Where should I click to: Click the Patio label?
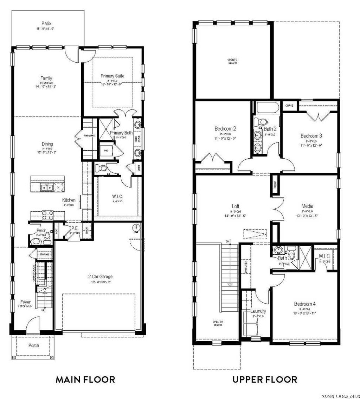point(46,24)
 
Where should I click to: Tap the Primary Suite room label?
point(112,76)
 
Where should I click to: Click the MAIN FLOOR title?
point(85,379)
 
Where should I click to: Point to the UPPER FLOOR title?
point(264,379)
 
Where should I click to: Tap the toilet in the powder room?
point(36,241)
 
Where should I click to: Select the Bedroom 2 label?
point(225,129)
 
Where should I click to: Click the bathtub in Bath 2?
point(267,107)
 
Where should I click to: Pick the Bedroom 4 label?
point(305,304)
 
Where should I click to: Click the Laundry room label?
point(258,311)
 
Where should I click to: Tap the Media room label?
point(307,206)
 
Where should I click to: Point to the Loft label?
point(236,206)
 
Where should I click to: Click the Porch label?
point(34,346)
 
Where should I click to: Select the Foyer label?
point(25,302)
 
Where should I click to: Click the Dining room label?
point(47,144)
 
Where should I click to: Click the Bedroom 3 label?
point(311,136)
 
